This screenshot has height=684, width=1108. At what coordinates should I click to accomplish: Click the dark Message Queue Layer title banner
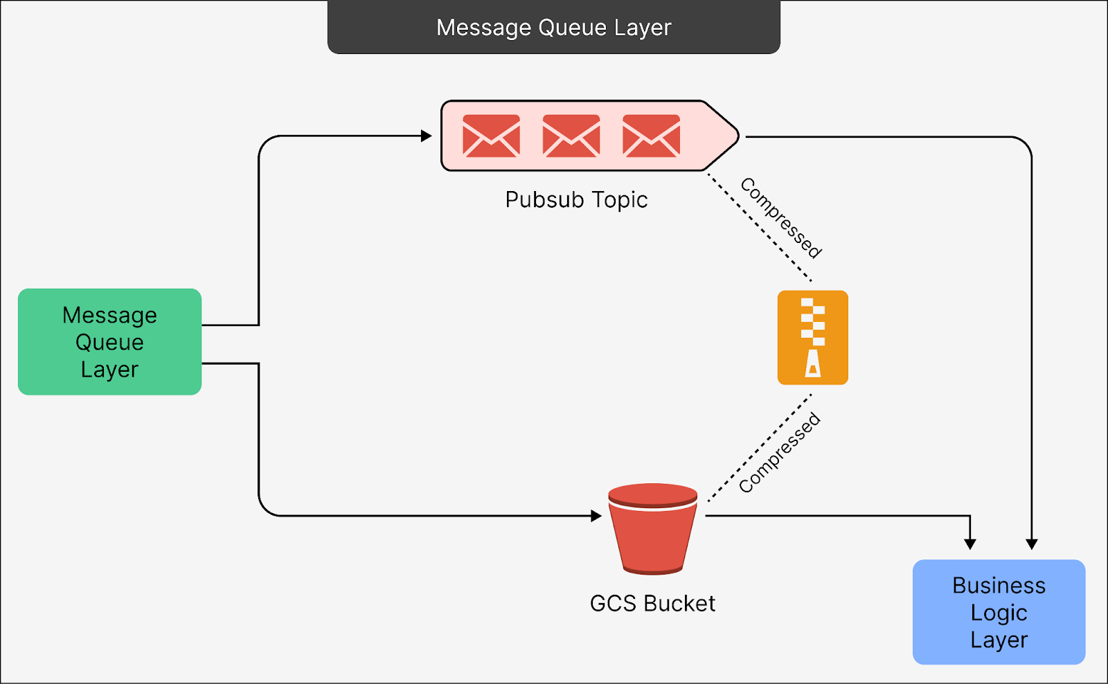(553, 27)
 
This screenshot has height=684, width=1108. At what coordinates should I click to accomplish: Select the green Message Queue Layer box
(109, 342)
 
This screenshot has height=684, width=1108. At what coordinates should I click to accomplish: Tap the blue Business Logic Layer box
(999, 612)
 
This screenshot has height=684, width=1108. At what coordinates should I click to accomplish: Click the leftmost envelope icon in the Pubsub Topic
(491, 136)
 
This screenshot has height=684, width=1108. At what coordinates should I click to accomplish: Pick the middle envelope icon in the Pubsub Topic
(571, 136)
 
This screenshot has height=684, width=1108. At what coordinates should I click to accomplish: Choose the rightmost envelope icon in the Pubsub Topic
(651, 136)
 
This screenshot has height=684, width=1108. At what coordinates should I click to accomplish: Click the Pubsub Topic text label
(576, 199)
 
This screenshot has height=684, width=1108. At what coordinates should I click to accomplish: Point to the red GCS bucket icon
(652, 530)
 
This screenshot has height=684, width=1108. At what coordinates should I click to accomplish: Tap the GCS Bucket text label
(652, 603)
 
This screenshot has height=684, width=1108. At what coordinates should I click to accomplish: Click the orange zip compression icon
(812, 337)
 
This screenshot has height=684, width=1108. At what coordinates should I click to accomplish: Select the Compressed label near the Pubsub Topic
(781, 217)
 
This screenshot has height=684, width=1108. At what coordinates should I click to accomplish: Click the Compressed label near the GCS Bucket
(780, 453)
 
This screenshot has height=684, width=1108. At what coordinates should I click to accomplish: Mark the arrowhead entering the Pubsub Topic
(427, 136)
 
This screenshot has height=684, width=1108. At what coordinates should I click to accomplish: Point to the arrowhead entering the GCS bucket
(596, 516)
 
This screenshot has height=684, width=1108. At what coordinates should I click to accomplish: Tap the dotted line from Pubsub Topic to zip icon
(759, 227)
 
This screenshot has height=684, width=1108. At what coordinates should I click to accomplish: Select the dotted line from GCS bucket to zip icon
(758, 449)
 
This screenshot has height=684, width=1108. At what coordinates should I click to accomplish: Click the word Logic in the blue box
(999, 613)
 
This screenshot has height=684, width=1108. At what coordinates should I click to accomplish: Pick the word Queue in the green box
(109, 342)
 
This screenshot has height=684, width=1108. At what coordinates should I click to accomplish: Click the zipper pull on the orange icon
(813, 363)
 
